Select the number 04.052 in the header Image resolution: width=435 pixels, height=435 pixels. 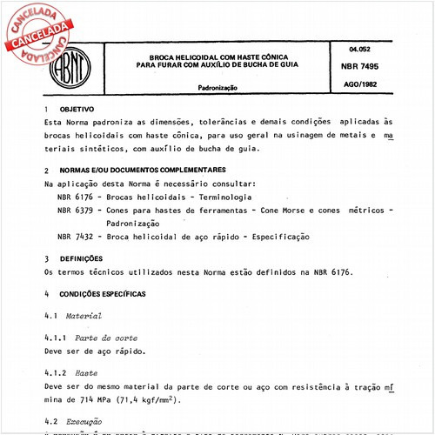coord(359,49)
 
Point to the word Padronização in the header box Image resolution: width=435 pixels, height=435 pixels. coord(222,89)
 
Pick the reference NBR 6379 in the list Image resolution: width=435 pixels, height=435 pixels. coord(76,211)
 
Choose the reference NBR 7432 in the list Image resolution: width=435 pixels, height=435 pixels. coord(76,236)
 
